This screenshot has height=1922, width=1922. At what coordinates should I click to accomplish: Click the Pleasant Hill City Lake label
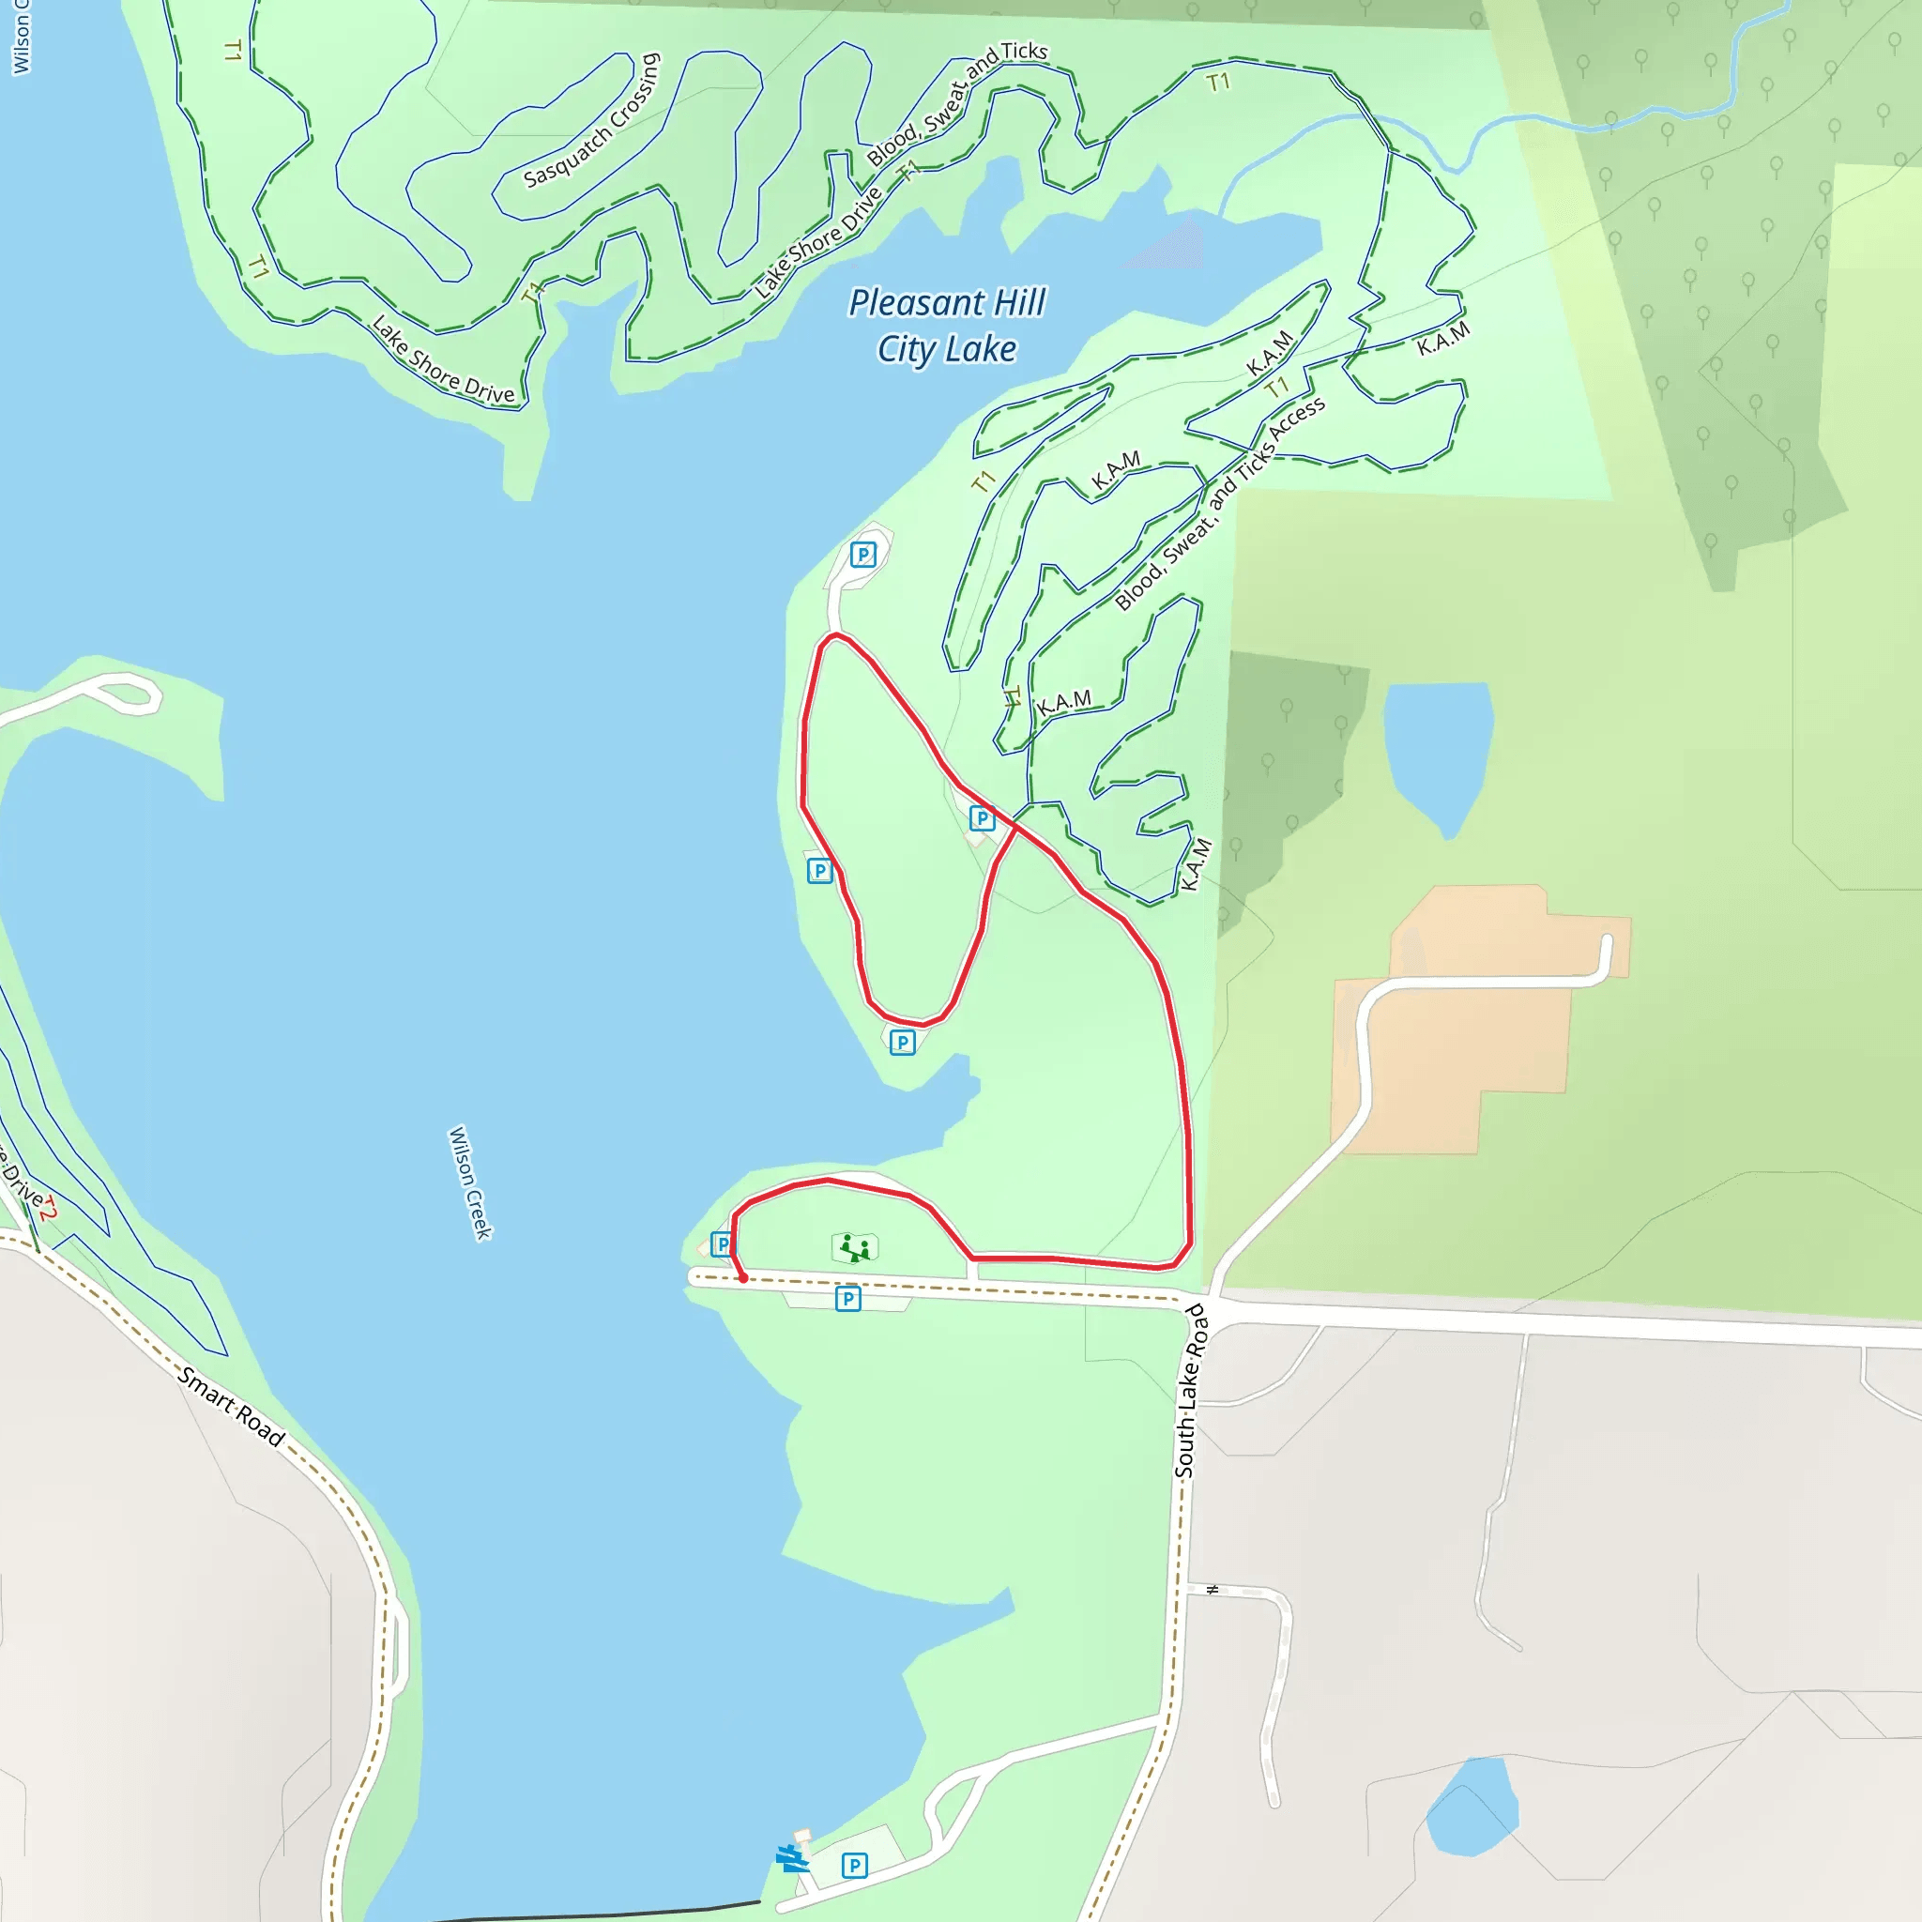pyautogui.click(x=946, y=326)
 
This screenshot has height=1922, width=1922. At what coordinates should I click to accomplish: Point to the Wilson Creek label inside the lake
pyautogui.click(x=470, y=1182)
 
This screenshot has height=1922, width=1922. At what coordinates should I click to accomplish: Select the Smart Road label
pyautogui.click(x=232, y=1407)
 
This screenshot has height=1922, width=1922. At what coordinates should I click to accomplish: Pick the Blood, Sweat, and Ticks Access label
pyautogui.click(x=1220, y=503)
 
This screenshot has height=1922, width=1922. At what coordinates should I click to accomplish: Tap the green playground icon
pyautogui.click(x=855, y=1246)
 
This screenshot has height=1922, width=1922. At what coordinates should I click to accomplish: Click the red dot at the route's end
pyautogui.click(x=743, y=1278)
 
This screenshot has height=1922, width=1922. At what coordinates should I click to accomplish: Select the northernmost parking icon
pyautogui.click(x=863, y=554)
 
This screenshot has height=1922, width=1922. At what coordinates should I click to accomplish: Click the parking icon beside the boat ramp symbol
pyautogui.click(x=855, y=1866)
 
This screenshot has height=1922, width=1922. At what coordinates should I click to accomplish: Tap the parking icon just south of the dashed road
pyautogui.click(x=847, y=1298)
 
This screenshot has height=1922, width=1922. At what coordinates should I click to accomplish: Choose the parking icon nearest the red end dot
pyautogui.click(x=723, y=1243)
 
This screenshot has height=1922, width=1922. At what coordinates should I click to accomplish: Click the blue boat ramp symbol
pyautogui.click(x=792, y=1858)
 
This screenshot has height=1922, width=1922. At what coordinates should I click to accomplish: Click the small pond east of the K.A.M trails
pyautogui.click(x=1438, y=748)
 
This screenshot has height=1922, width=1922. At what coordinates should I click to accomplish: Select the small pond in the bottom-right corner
pyautogui.click(x=1472, y=1808)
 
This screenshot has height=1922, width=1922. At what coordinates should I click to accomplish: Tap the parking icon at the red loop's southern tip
pyautogui.click(x=902, y=1043)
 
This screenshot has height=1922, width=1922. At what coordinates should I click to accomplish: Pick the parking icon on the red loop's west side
pyautogui.click(x=819, y=872)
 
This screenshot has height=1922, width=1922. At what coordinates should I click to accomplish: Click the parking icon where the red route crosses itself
pyautogui.click(x=982, y=817)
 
